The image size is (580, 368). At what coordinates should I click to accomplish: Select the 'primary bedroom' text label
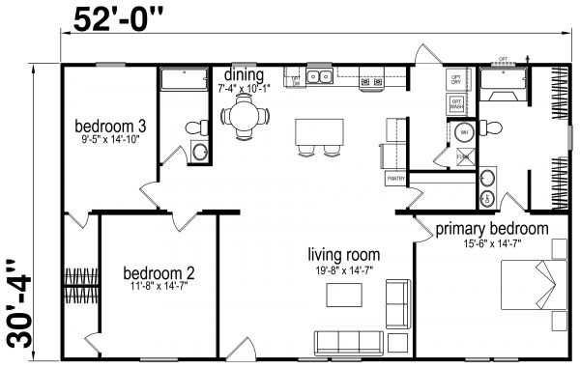[x=491, y=229]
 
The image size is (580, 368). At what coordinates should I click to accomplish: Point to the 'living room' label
[x=342, y=254]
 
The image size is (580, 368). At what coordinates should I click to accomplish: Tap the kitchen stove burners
[x=370, y=82]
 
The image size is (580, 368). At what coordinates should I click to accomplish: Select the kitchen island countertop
[x=318, y=129]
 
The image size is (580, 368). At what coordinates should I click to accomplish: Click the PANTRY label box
[x=396, y=179]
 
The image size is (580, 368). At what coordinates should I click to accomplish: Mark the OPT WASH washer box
[x=457, y=102]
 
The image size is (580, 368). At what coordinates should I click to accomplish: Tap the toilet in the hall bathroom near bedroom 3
[x=196, y=127]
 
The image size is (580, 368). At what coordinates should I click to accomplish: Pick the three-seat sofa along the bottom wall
[x=348, y=340]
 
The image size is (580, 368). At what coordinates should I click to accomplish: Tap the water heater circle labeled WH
[x=464, y=132]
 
